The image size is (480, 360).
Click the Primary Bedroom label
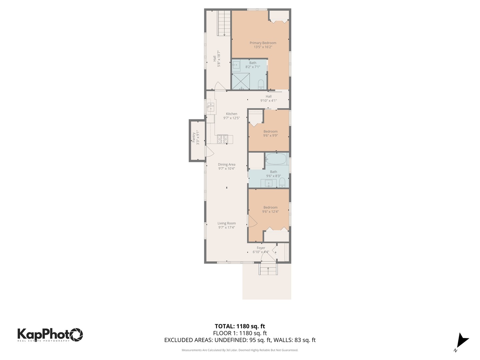coord(263,43)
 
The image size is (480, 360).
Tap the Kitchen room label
coord(231,114)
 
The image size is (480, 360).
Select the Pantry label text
coord(194,137)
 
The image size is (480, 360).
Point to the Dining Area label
coord(227,165)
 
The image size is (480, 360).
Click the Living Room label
coord(227,223)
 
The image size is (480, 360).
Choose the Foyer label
coord(261,248)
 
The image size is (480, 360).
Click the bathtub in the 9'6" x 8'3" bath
coord(276,159)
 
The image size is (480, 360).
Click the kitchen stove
coord(223,139)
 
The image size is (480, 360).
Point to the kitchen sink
coord(211,107)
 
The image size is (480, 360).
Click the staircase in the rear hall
coord(224,23)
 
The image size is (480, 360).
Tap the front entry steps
coord(268,269)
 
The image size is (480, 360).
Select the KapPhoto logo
coord(50,334)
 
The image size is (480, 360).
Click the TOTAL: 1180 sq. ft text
coord(240,326)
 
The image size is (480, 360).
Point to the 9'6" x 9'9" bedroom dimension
coord(270,136)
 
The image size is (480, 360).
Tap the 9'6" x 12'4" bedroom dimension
coord(270,212)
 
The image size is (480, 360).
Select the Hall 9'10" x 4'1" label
coord(268,98)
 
